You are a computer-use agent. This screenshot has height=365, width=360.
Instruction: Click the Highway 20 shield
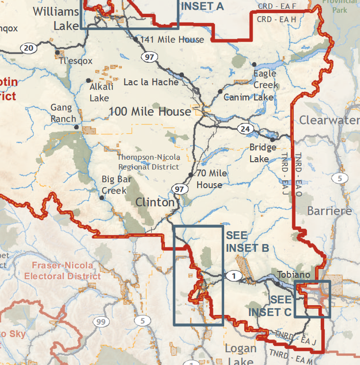pos(28,48)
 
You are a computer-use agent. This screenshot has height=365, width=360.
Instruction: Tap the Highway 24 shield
pos(245,129)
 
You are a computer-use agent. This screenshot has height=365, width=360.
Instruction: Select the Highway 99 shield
pos(101,321)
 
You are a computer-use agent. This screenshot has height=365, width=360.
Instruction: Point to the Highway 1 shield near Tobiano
pos(234,276)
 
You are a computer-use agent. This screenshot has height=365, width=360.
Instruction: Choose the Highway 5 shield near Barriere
pos(339,178)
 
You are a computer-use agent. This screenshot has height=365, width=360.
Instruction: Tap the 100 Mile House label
pos(150,112)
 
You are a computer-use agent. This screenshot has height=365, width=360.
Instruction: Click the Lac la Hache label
pos(151,82)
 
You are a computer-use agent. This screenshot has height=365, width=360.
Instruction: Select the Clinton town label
pos(154,202)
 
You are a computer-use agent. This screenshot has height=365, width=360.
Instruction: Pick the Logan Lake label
pos(240,355)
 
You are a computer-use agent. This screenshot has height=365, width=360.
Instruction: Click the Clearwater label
pos(329,120)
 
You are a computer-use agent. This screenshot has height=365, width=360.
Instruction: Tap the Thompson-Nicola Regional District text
pos(149,162)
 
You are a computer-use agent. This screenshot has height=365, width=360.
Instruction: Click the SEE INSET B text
pos(247,241)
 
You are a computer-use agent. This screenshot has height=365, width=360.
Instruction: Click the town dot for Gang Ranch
pos(77,127)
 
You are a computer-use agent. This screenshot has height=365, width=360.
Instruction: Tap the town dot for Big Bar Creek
pos(102,198)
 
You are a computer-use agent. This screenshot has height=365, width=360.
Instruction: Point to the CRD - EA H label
pos(277,19)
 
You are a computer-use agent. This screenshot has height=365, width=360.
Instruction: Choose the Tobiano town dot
pos(278,284)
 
